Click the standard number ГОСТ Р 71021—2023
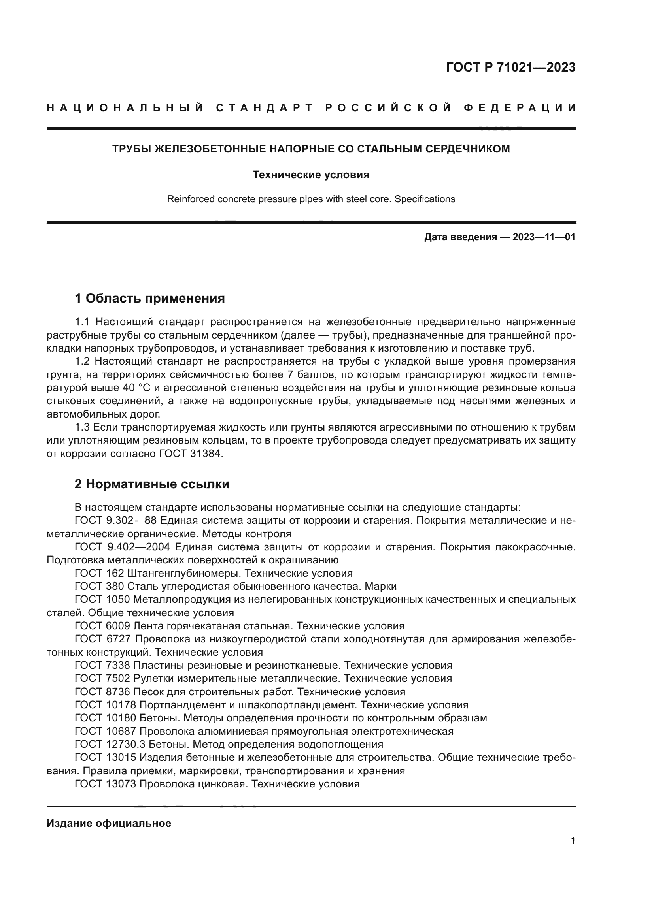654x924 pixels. pos(510,67)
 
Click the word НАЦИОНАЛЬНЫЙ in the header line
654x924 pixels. pos(125,108)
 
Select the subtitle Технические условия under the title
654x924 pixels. pos(311,175)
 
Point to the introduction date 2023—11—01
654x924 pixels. pos(544,237)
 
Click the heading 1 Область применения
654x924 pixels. pos(149,298)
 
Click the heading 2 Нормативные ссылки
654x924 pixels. pos(152,484)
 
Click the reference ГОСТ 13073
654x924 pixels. pos(106,783)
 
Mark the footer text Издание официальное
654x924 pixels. pos(109,823)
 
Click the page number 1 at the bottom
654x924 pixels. pos(573,841)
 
